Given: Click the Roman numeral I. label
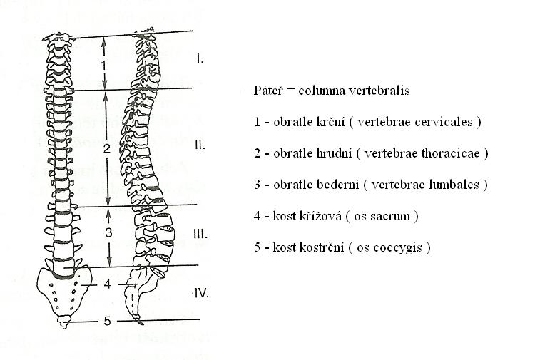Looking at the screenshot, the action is [200, 58].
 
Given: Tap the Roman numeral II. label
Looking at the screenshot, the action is [200, 145].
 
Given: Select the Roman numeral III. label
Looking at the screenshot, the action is [200, 235].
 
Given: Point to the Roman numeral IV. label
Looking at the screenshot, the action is [201, 293].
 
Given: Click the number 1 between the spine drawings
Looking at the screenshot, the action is [104, 65].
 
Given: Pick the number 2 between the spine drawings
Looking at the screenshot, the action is [107, 148].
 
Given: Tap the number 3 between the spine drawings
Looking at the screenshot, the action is [108, 232].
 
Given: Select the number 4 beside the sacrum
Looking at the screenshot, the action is [108, 284].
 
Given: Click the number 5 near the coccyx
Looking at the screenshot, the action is [107, 321].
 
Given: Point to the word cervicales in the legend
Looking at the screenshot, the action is [445, 122].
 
